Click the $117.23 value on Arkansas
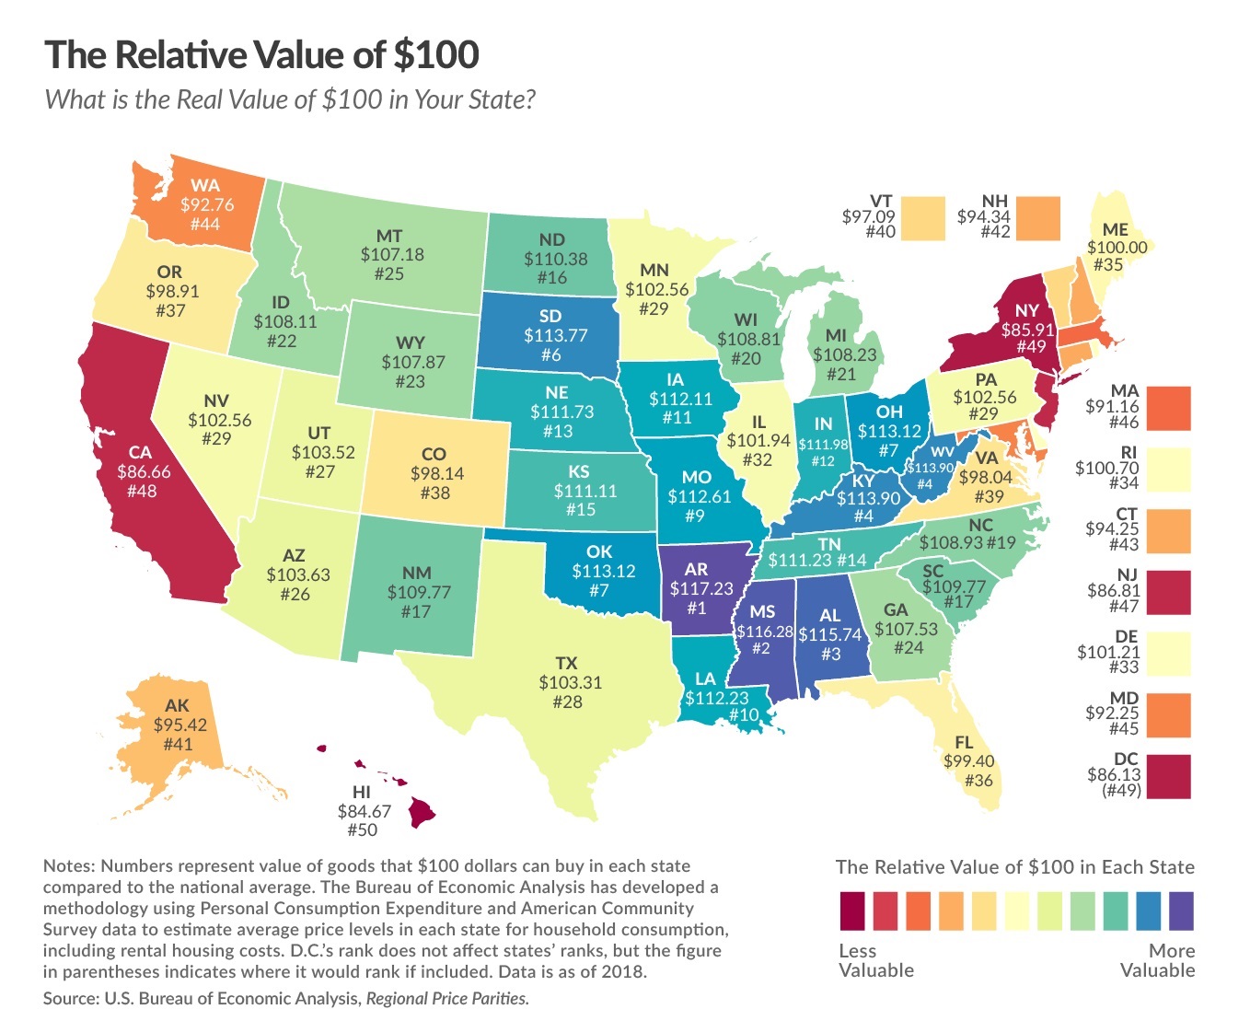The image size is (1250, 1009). point(697,588)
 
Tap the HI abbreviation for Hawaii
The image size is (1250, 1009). point(362,792)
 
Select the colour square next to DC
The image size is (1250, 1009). point(1168,776)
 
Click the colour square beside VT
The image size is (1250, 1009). point(923,218)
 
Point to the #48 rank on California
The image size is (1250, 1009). point(140,491)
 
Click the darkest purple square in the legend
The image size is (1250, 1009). point(1181,910)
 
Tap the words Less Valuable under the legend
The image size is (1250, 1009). point(876,960)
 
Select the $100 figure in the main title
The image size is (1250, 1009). point(435,55)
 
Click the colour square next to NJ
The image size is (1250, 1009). point(1168,592)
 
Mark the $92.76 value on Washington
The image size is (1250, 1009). point(207,204)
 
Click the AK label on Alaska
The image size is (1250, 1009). point(177,705)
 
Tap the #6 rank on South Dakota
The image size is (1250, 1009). point(550,354)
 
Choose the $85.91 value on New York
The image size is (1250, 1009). point(1027,328)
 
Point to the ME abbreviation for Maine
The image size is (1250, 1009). point(1116,230)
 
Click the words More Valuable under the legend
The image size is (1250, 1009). point(1157,960)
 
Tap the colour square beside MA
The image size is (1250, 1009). point(1168,408)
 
